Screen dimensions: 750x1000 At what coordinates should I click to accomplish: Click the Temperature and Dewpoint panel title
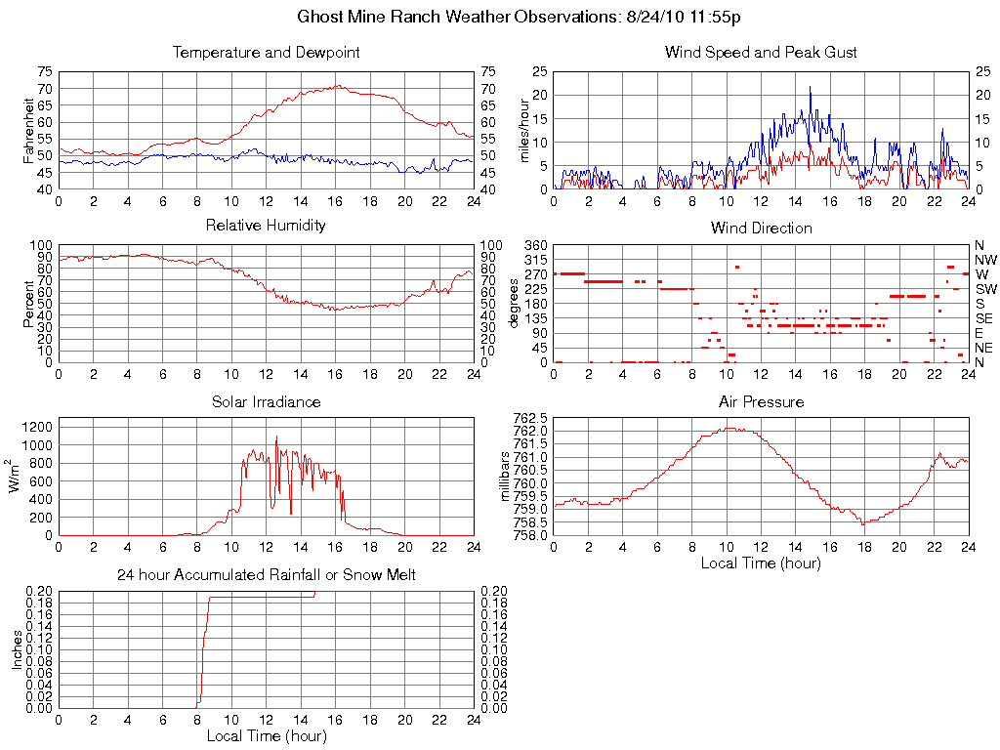click(x=266, y=52)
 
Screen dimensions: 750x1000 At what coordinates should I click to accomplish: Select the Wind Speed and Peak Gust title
click(x=761, y=52)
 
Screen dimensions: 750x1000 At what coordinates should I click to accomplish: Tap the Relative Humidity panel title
click(x=266, y=226)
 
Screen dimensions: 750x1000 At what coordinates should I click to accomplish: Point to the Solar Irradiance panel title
click(x=266, y=401)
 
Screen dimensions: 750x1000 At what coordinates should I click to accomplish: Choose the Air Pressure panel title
click(x=761, y=401)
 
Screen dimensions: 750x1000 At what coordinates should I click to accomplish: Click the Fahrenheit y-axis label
click(x=29, y=130)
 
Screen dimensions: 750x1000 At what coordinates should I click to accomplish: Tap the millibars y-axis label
click(x=505, y=476)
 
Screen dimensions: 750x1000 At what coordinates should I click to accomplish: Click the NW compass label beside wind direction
click(x=984, y=260)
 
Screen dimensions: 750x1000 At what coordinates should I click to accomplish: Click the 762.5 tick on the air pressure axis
click(x=530, y=417)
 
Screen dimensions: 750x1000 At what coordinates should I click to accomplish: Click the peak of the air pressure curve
click(x=729, y=428)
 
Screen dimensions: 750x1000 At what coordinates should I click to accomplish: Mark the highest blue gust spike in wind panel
click(x=810, y=87)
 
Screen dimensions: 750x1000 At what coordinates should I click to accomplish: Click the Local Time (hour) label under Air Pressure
click(x=761, y=562)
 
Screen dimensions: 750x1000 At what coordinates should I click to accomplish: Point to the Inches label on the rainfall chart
click(x=17, y=649)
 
